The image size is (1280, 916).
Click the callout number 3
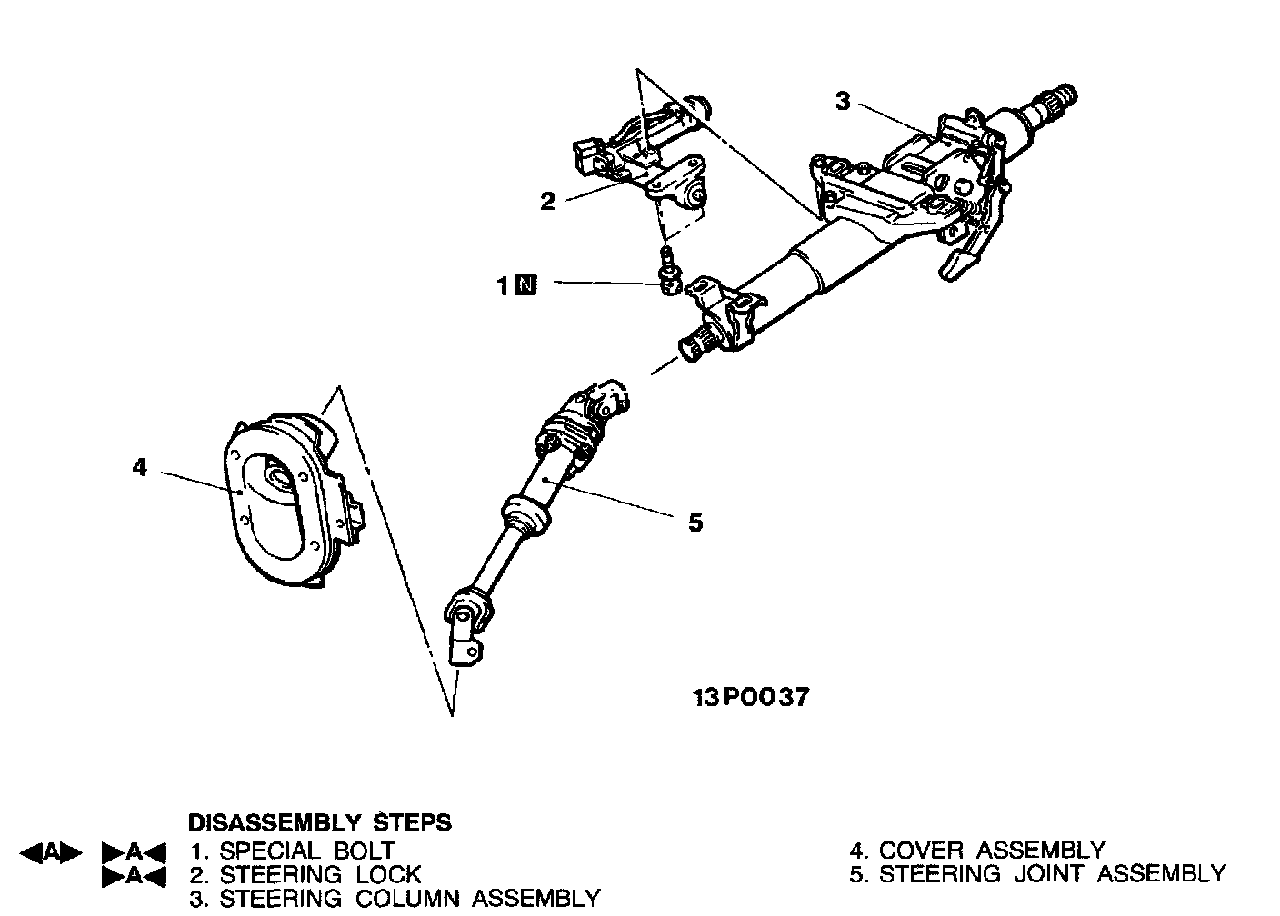pos(843,101)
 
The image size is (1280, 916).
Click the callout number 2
pos(547,201)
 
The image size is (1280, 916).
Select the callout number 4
pos(139,468)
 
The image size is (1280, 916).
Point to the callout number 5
pos(695,523)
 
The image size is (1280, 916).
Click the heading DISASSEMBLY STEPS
pos(319,823)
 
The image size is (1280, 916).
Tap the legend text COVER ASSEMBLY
pos(992,851)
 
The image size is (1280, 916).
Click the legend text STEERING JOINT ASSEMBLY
pos(1053,875)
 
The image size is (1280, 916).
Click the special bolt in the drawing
pos(668,276)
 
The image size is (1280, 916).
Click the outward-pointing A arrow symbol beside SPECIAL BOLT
pos(51,852)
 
